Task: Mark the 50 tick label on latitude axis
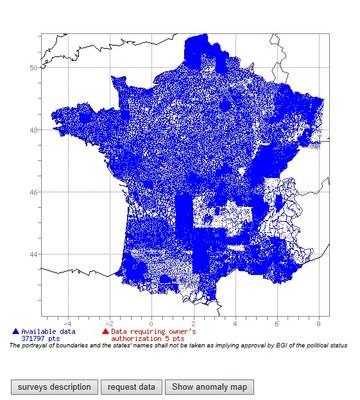pyautogui.click(x=33, y=67)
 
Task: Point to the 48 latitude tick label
pyautogui.click(x=33, y=130)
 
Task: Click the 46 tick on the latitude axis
pyautogui.click(x=33, y=192)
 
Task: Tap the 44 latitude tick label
pyautogui.click(x=33, y=254)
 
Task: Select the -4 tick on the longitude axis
pyautogui.click(x=66, y=323)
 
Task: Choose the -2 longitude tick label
pyautogui.click(x=108, y=323)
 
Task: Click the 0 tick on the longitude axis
pyautogui.click(x=151, y=323)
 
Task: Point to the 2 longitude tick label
pyautogui.click(x=192, y=323)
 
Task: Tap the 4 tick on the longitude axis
pyautogui.click(x=234, y=323)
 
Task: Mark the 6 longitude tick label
pyautogui.click(x=276, y=323)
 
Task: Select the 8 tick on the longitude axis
pyautogui.click(x=317, y=323)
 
